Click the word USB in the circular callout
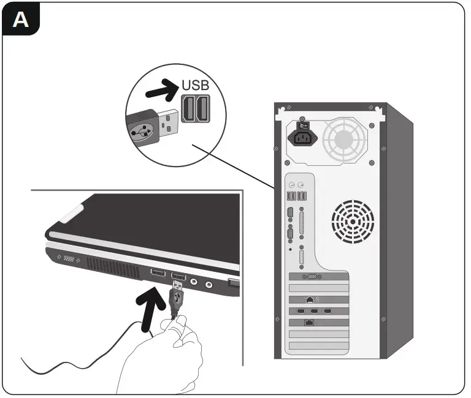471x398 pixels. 196,85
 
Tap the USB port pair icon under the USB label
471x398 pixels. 195,110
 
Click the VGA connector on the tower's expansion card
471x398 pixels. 313,277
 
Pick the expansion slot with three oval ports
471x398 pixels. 313,310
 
